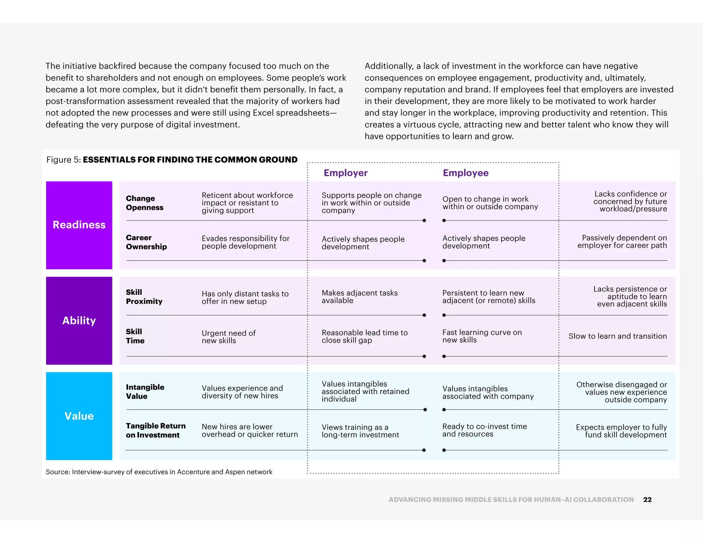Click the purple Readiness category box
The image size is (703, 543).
(79, 225)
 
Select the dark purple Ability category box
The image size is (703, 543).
(79, 320)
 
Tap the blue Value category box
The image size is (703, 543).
(79, 416)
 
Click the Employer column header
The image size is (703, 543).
(345, 173)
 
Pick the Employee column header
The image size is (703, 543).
(465, 173)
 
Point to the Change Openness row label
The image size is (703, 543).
(145, 203)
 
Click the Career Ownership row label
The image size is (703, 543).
(146, 242)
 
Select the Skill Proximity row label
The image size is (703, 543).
(144, 297)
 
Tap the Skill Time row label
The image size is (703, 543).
(135, 336)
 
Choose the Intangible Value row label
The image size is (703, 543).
(145, 392)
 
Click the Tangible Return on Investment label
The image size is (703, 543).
(155, 430)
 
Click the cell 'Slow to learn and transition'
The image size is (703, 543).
(618, 336)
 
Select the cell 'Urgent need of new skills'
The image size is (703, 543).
(229, 337)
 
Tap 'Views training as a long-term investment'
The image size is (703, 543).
(360, 431)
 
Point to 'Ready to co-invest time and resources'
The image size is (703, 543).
(484, 430)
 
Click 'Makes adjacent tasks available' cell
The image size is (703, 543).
(359, 297)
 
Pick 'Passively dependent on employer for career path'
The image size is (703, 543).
(622, 241)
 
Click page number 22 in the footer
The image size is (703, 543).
(647, 499)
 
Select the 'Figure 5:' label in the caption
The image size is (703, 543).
(64, 160)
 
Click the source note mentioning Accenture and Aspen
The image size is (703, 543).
(159, 472)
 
